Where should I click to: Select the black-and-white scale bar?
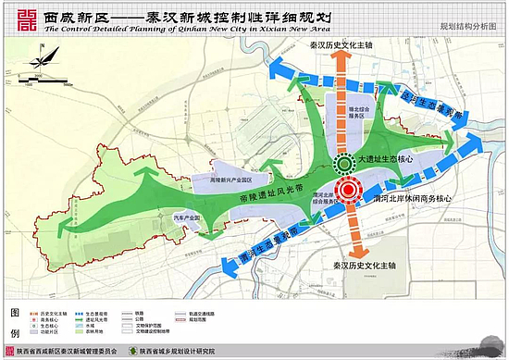(x=43, y=81)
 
